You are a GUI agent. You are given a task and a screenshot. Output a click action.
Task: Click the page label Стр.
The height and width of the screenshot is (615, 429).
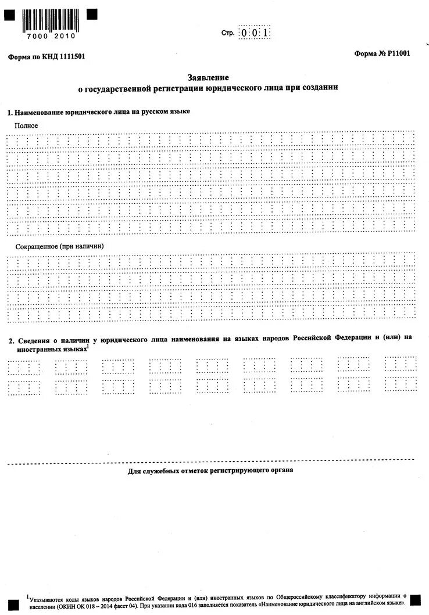click(228, 33)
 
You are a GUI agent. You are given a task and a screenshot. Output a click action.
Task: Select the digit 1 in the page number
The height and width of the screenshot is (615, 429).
click(265, 33)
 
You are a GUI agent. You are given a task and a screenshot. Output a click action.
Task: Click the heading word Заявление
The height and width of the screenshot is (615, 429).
click(208, 77)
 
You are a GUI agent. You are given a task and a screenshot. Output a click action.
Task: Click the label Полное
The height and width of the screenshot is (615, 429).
click(27, 125)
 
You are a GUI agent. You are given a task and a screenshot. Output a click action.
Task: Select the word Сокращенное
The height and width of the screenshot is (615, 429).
click(36, 246)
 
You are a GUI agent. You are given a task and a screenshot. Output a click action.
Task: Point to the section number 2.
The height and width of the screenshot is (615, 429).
click(9, 340)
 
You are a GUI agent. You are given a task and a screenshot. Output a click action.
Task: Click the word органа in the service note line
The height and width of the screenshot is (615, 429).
click(282, 470)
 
